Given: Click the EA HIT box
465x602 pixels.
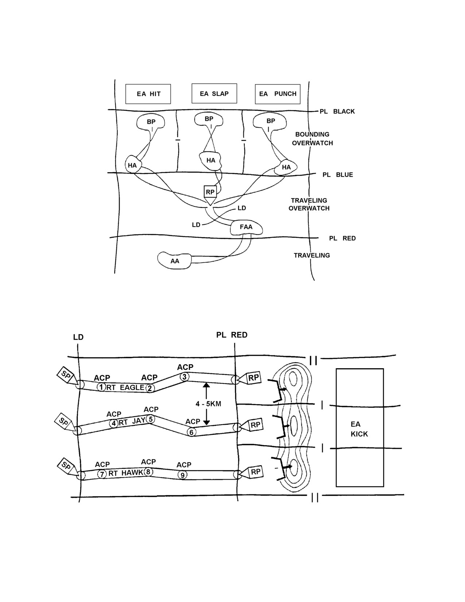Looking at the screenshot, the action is pos(148,94).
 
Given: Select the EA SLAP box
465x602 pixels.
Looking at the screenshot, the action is pos(214,93).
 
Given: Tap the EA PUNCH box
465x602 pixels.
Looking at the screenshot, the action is pos(278,94).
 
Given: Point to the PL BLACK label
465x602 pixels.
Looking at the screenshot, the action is pos(337,111).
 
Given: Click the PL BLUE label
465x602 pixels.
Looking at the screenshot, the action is pos(338,175).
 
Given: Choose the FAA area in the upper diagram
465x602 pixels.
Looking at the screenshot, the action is pos(246,228).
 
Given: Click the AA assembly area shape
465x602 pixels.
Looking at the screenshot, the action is pos(174,261).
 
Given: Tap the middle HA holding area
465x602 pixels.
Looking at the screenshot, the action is pos(211,161).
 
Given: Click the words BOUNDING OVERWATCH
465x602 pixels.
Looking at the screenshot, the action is pos(313,139).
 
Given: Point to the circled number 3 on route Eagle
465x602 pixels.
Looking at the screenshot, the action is pos(184,377).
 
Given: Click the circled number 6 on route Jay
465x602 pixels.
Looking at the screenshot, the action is pos(191,432).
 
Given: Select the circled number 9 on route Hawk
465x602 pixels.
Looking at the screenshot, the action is pos(182,475).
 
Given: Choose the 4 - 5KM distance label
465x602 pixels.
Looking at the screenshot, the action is pos(208,404).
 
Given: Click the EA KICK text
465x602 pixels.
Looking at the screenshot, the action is pos(359,429).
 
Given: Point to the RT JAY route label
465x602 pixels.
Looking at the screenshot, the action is pos(132,422).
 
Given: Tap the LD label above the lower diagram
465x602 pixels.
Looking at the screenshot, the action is pos(78,337).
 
